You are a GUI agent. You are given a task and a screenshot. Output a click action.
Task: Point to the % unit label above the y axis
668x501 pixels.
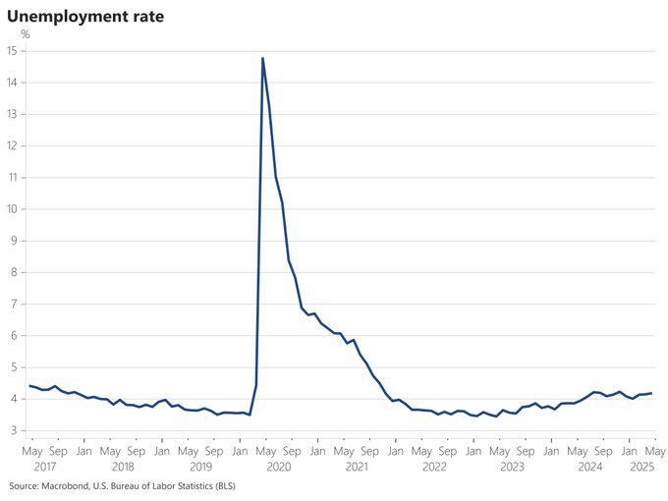pos(25,34)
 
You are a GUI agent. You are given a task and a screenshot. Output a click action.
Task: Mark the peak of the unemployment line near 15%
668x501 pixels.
pos(262,58)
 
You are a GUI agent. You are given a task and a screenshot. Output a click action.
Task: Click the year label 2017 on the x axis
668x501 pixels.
pos(44,467)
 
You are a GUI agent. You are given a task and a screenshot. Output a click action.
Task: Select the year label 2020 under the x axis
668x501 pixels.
pos(278,467)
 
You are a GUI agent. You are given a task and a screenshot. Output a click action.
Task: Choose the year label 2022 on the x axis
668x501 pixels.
pos(434,467)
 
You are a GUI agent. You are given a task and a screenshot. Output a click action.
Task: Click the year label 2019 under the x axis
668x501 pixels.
pos(200,467)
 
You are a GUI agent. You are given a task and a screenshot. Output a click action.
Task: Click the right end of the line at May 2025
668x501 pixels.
pos(651,393)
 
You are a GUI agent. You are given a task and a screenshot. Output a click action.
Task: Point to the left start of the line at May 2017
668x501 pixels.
pos(29,386)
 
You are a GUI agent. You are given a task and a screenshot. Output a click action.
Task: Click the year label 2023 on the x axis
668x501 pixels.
pos(512,467)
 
